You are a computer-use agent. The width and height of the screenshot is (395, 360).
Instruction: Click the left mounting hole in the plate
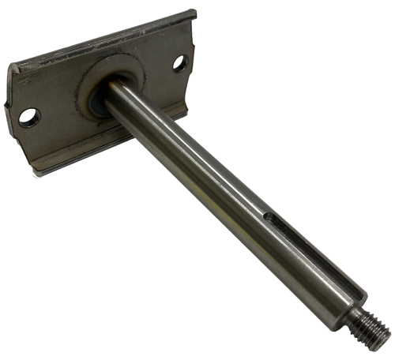(29, 116)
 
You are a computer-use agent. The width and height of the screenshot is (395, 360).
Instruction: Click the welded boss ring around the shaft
(111, 79)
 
